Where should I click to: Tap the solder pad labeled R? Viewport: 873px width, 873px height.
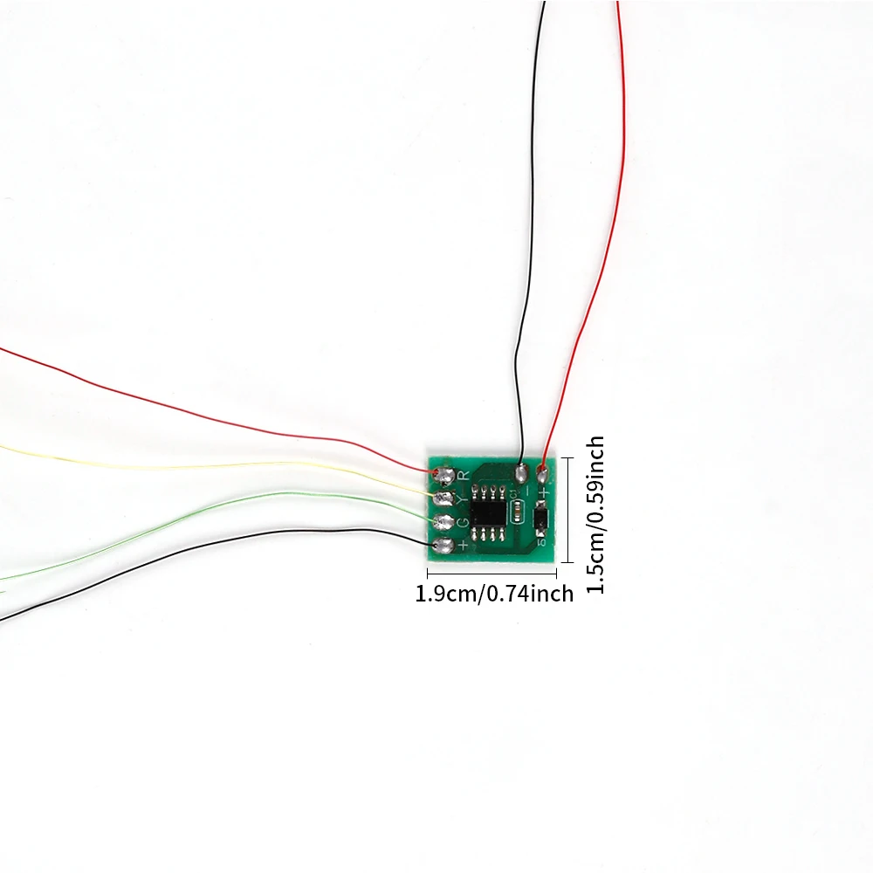pos(445,476)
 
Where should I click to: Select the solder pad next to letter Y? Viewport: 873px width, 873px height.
pos(445,498)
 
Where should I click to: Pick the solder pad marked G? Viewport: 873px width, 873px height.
pos(444,522)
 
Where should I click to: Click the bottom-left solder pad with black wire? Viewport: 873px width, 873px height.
pos(443,546)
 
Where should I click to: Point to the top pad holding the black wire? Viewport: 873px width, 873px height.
pos(520,475)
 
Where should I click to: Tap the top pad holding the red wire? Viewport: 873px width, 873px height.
pos(543,475)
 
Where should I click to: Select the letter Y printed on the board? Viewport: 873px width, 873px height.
pos(463,498)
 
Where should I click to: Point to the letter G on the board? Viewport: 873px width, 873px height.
pos(463,522)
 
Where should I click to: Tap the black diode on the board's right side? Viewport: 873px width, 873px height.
pos(541,519)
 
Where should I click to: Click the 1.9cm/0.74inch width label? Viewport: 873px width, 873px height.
pos(494,595)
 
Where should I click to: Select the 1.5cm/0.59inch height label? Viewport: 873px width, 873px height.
pos(595,515)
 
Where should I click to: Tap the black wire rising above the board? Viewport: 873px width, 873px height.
pos(527,262)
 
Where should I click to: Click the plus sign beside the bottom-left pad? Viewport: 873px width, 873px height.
pos(463,546)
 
